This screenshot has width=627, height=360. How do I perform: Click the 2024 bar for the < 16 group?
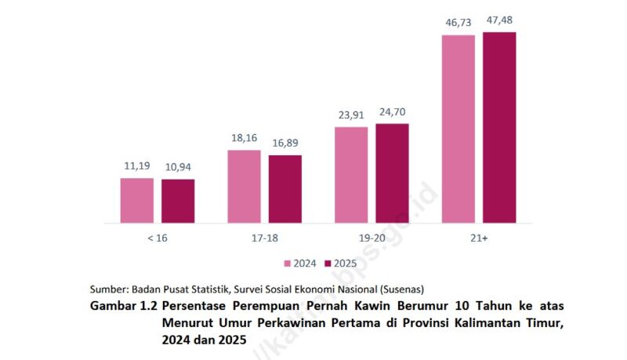(136, 201)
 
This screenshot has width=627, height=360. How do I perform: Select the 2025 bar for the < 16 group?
(178, 202)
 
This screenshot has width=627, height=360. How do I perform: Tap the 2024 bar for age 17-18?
(244, 187)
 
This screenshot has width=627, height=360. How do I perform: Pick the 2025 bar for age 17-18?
(285, 189)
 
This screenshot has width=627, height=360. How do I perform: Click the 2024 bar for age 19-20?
(351, 175)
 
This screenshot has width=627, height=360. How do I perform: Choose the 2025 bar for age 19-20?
(392, 173)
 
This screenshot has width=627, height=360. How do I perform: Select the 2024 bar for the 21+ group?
(458, 129)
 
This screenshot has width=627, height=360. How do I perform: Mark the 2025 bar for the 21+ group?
(499, 128)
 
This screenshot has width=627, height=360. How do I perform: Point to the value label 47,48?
(499, 20)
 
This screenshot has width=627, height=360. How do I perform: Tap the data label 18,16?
(244, 138)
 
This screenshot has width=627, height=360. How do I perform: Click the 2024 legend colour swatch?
(287, 264)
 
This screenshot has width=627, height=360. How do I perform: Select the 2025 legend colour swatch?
(329, 264)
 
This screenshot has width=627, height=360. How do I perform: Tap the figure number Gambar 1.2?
(124, 305)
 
